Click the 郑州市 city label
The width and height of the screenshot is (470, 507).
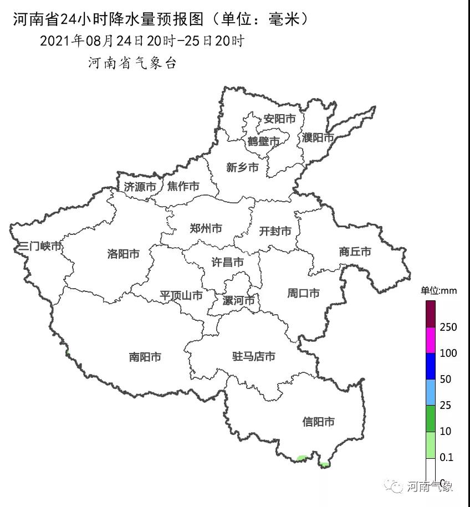[206, 228]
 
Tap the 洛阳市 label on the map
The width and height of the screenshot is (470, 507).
[123, 254]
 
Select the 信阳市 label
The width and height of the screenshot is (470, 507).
[319, 422]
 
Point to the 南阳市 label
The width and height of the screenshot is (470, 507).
[145, 357]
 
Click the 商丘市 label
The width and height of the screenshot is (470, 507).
[355, 252]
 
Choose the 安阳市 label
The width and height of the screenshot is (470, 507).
[279, 119]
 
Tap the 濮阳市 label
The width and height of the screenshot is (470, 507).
[318, 137]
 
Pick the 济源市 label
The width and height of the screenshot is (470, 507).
[140, 187]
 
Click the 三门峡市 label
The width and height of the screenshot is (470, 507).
[39, 246]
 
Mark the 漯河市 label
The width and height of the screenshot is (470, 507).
[238, 300]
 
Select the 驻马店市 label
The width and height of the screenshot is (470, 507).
[253, 356]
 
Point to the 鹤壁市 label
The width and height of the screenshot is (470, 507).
[263, 142]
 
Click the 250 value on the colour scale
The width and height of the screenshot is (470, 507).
[448, 327]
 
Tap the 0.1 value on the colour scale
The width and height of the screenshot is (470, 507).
[446, 457]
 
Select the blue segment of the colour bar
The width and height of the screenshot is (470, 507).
[431, 366]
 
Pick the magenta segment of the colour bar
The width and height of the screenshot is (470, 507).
[431, 340]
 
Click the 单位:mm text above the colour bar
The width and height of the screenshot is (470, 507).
[438, 290]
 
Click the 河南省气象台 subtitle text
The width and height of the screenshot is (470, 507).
[132, 63]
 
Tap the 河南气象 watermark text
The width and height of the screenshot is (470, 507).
[430, 486]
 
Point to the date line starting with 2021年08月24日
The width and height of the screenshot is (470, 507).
[142, 41]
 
